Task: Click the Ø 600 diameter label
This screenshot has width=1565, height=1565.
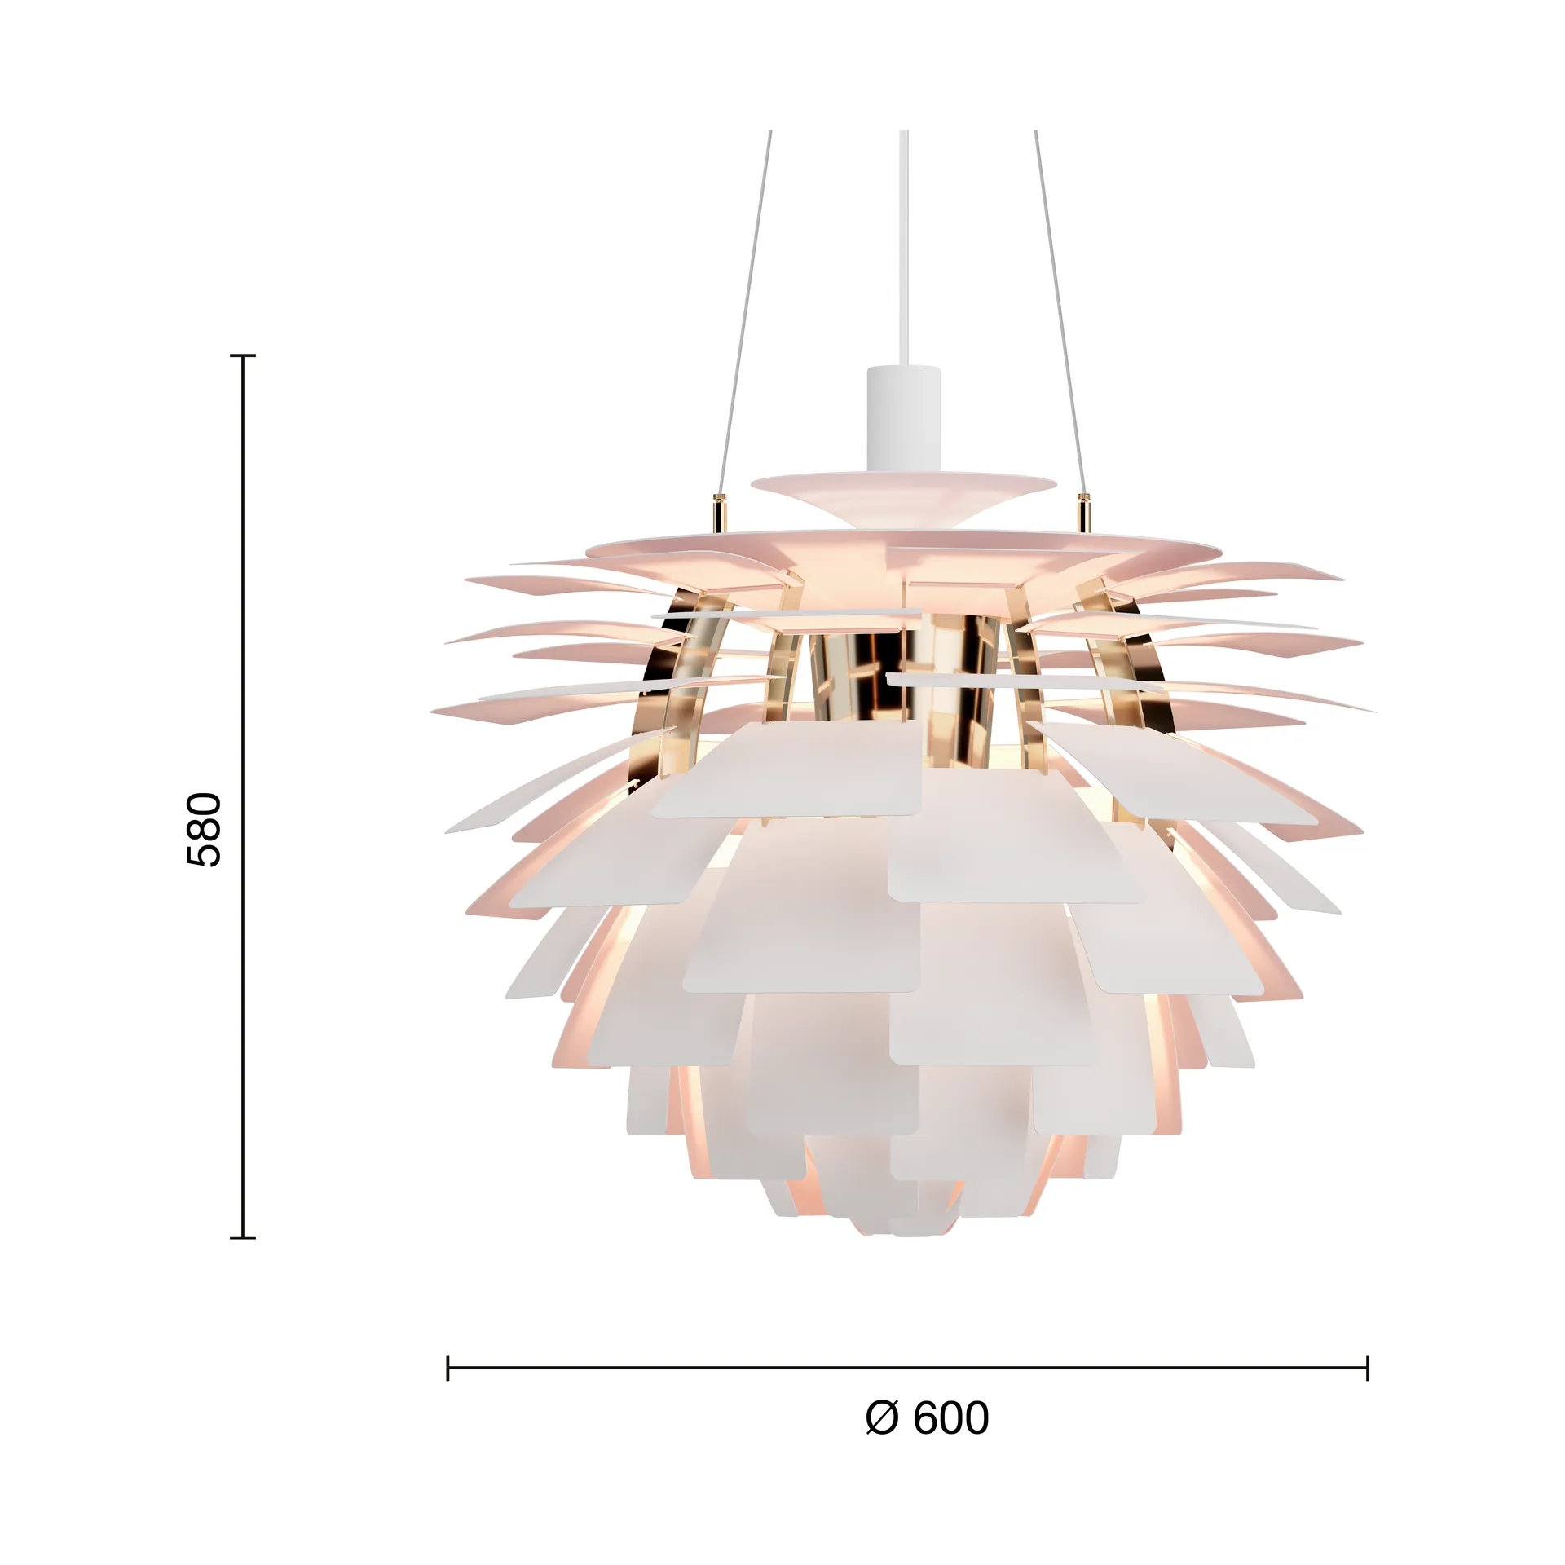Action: pos(927,1417)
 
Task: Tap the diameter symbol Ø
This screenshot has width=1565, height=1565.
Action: pos(882,1417)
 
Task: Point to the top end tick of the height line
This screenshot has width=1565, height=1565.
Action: pos(243,356)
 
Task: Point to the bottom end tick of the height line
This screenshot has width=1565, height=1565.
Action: pos(243,1237)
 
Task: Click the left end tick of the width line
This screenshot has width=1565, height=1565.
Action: pos(447,1367)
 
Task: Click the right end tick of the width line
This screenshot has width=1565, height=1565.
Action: pos(1367,1367)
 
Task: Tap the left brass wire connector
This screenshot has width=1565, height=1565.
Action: pos(718,512)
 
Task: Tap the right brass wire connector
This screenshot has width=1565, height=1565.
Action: pos(1084,512)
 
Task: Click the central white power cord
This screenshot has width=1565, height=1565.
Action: pos(903,245)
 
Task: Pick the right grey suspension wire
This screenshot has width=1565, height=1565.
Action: pos(1059,310)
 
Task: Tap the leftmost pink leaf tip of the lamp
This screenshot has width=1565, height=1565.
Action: pos(434,712)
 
